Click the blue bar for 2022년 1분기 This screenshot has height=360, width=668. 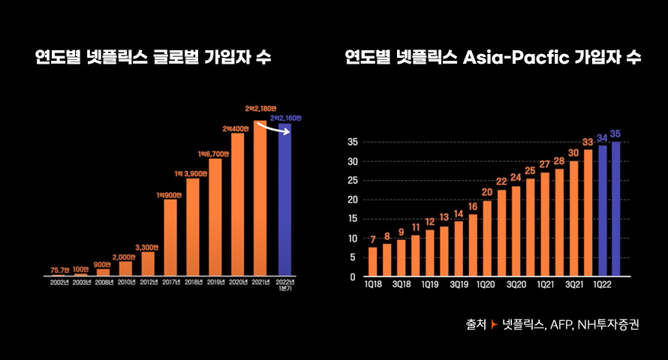coord(284,201)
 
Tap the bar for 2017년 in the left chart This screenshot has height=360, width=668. coord(170,237)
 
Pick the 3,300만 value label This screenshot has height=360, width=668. coord(148,247)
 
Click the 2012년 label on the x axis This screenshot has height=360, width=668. coord(148,283)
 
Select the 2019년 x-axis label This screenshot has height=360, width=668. coord(215,283)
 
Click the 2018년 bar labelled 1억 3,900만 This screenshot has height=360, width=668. coord(193,226)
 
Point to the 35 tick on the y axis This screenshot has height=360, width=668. coord(351,142)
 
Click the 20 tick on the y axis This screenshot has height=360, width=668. coord(351,199)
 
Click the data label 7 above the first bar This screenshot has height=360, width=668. coord(373,240)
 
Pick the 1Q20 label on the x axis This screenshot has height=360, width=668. coord(485,286)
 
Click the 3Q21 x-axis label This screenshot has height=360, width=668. coord(574,286)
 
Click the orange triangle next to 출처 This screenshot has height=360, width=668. coord(494,325)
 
